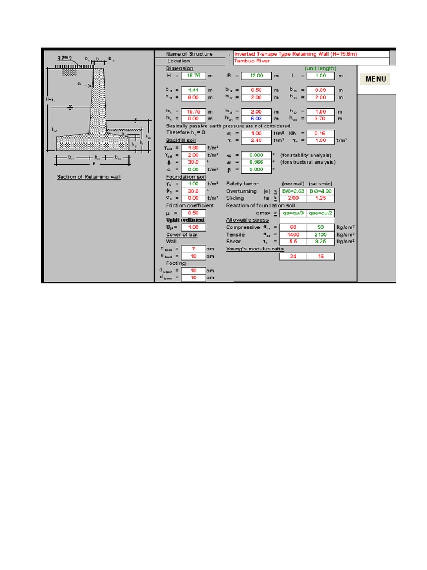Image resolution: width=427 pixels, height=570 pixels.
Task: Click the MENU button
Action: click(376, 79)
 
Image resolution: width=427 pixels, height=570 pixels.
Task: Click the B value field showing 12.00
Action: click(257, 75)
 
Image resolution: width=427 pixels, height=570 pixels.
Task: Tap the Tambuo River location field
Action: click(311, 61)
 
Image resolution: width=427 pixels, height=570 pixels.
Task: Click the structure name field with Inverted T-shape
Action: click(311, 54)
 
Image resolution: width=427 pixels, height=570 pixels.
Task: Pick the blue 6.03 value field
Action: click(257, 119)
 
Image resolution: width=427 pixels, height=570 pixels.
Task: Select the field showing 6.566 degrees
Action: click(257, 162)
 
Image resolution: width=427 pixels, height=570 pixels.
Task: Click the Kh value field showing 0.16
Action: click(320, 133)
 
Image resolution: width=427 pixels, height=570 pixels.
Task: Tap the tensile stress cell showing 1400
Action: click(293, 234)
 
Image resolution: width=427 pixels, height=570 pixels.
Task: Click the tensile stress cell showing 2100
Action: click(321, 234)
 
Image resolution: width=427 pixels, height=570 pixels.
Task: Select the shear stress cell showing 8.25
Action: click(321, 242)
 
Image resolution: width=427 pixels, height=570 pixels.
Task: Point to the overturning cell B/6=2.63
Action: click(293, 191)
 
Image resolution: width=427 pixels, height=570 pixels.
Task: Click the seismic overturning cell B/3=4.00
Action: click(321, 191)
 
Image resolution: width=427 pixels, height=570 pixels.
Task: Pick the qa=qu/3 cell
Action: click(293, 213)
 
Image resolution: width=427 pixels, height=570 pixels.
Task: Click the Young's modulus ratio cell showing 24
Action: click(293, 256)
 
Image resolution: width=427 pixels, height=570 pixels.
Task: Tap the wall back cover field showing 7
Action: click(193, 249)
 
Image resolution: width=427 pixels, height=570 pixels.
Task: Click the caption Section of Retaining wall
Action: click(89, 177)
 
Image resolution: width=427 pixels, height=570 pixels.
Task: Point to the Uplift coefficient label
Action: click(185, 220)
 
